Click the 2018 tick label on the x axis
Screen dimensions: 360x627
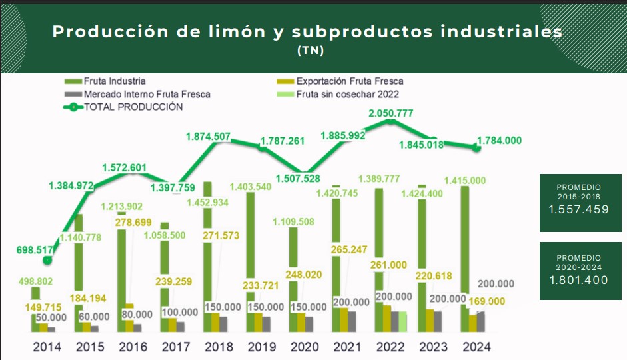[x=219, y=347]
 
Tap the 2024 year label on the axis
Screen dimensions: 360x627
[x=476, y=347]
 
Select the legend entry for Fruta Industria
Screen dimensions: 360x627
[x=110, y=81]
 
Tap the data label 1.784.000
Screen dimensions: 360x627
[x=499, y=140]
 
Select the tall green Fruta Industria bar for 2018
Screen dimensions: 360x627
[x=207, y=253]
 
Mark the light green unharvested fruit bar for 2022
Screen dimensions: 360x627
[x=402, y=321]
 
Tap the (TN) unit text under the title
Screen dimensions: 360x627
[x=311, y=50]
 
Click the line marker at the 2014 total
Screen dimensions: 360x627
[x=47, y=261]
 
